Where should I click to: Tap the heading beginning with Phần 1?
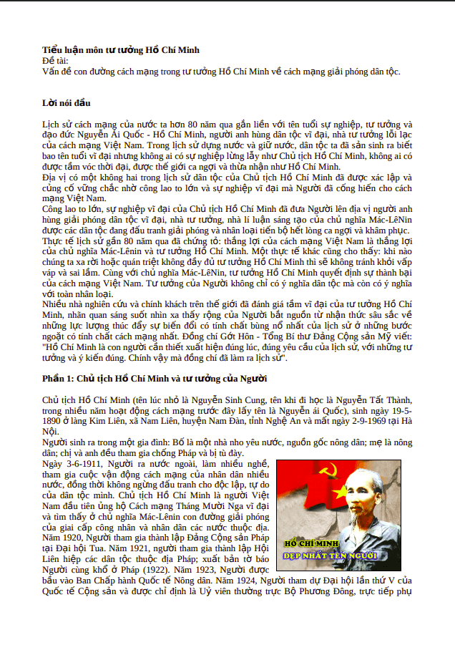155,378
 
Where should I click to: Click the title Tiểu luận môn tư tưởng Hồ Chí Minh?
120,49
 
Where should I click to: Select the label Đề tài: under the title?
55,60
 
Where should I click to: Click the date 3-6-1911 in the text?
79,464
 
